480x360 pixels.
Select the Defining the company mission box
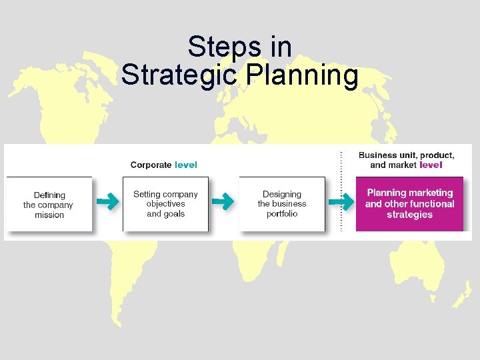tap(49, 205)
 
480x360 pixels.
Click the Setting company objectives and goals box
tap(165, 204)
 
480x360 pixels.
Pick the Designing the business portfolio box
tap(282, 204)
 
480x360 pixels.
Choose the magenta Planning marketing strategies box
tap(409, 204)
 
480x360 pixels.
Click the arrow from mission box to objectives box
tap(107, 200)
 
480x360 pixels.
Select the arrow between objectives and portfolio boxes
tap(224, 200)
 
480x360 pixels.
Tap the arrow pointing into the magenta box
tap(341, 200)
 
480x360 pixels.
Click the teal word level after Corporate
tap(186, 165)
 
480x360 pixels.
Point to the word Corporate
tap(151, 165)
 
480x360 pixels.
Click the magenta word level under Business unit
tap(431, 165)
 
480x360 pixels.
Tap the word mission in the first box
tap(49, 215)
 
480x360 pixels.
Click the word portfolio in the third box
tap(282, 214)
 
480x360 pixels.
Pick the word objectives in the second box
tap(165, 204)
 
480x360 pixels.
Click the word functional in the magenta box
tap(429, 204)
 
